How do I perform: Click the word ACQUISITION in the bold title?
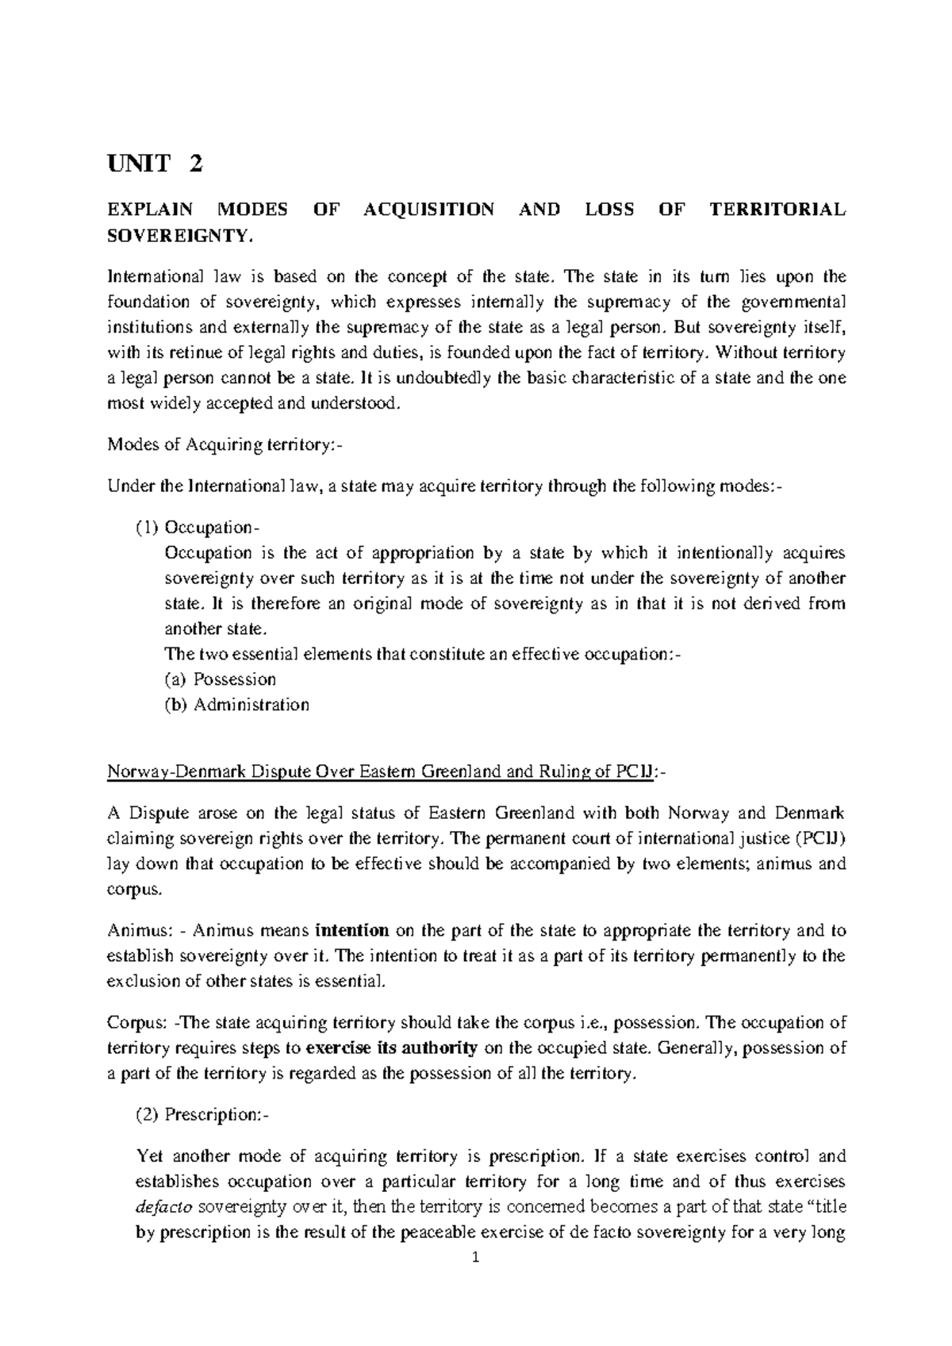428,210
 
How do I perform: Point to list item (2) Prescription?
203,1115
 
